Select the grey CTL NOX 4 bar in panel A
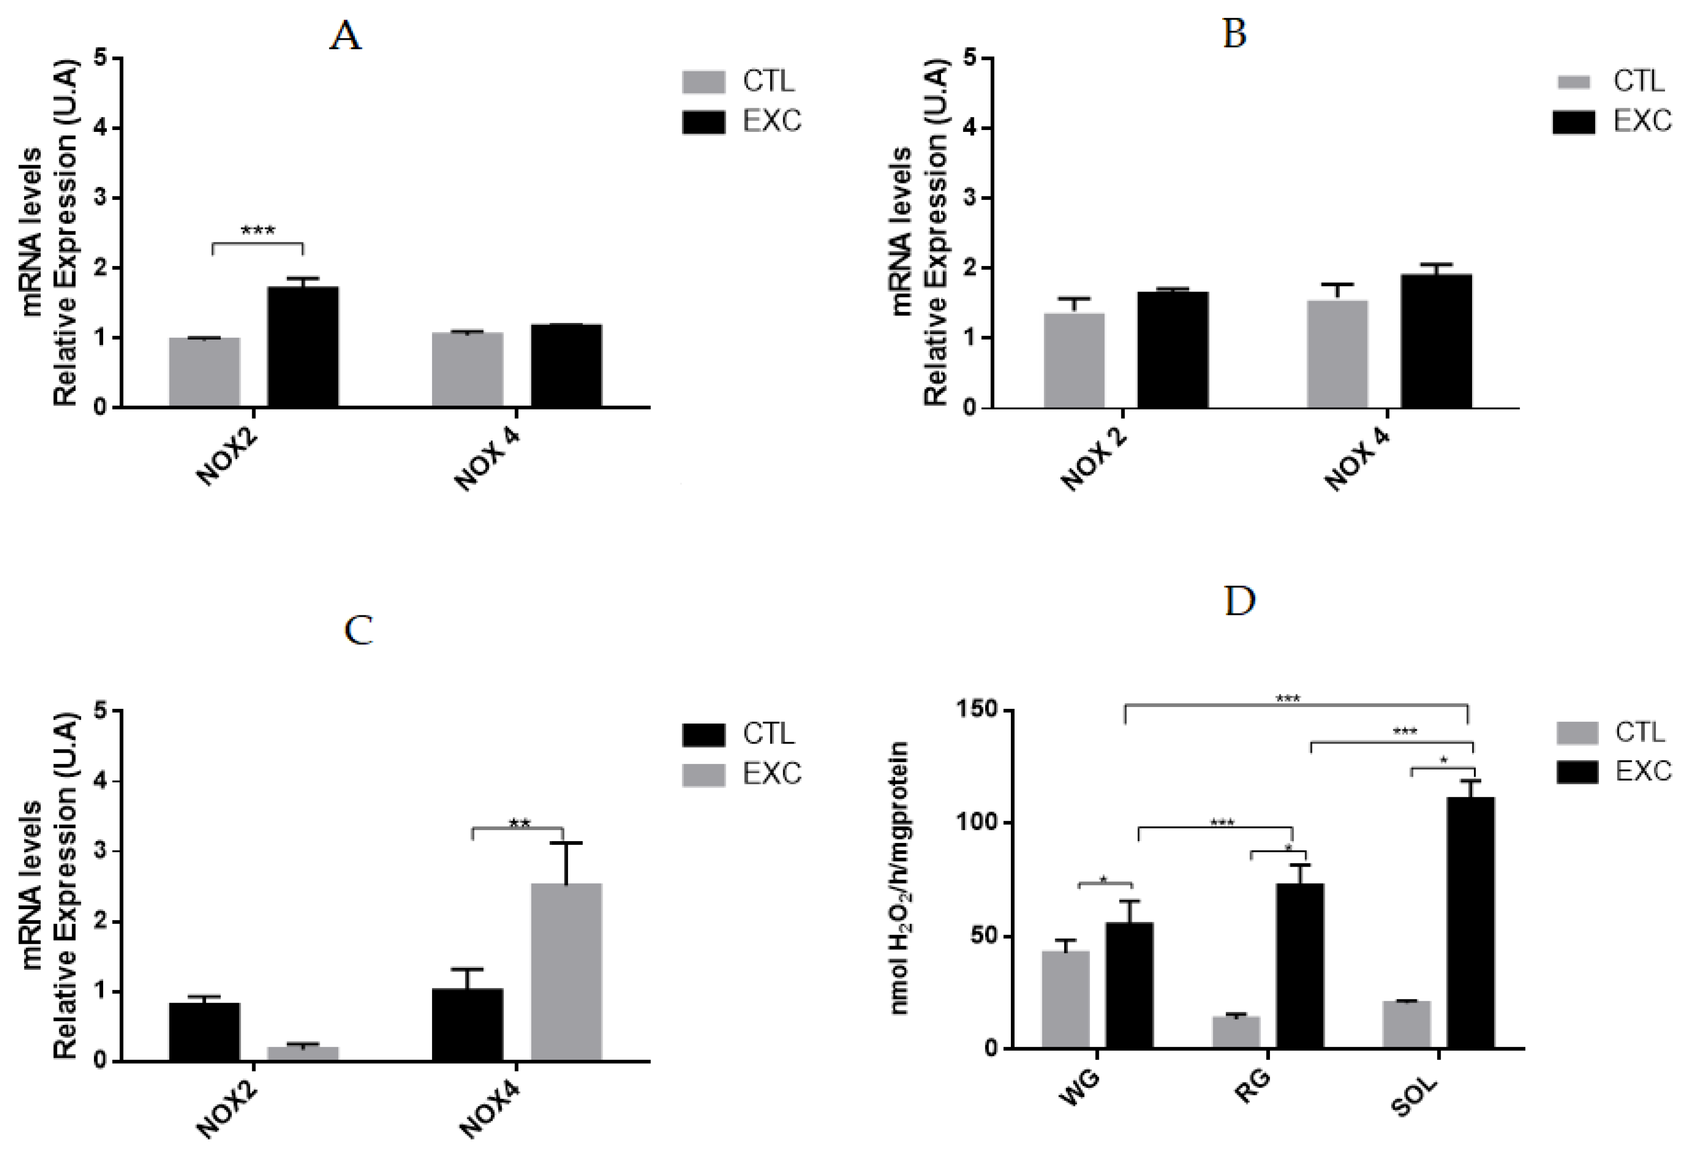point(467,370)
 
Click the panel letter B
point(1234,34)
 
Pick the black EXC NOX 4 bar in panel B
point(1436,341)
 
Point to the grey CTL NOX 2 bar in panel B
point(1074,360)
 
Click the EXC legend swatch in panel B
point(1573,122)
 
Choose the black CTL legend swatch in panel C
point(703,734)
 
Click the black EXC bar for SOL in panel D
point(1470,922)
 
